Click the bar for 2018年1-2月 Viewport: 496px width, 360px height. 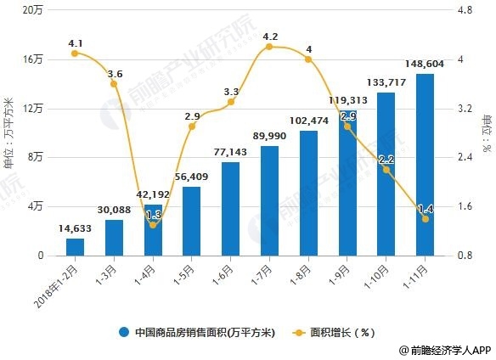coord(75,246)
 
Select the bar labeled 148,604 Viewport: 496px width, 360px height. coord(425,165)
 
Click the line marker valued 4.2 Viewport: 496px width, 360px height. coord(269,47)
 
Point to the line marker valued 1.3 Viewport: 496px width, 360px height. coord(153,225)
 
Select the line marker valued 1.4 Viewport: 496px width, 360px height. coord(425,219)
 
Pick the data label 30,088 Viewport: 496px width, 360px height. coord(114,210)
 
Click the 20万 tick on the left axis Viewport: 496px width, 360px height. coord(32,10)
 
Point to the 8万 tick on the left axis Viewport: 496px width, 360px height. coord(35,158)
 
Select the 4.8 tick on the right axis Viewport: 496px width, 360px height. coord(465,10)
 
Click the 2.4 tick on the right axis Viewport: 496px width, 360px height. coord(465,158)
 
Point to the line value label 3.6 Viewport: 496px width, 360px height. coord(115,74)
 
